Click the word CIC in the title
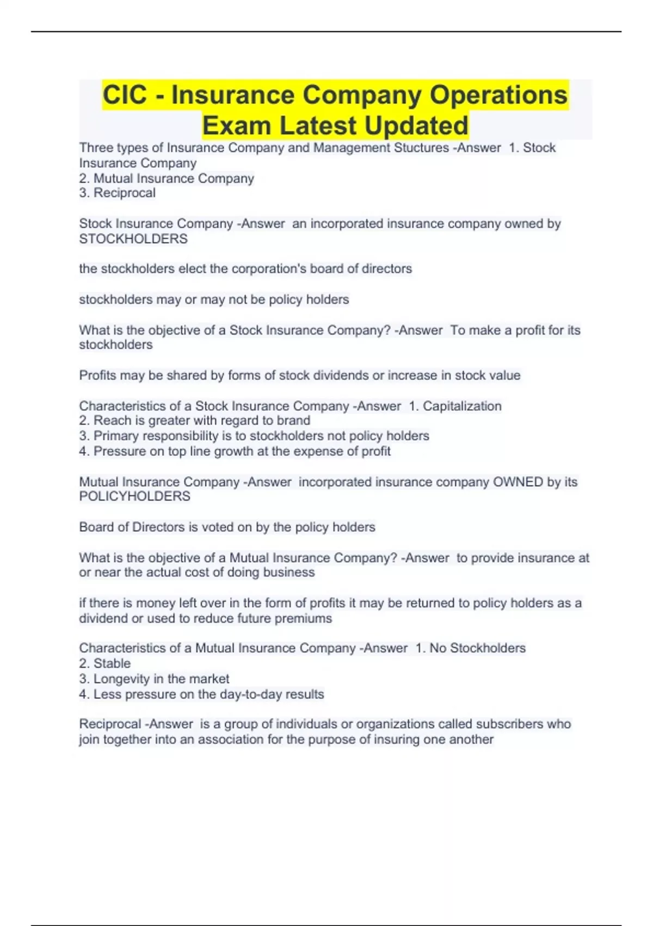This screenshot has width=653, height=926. pyautogui.click(x=125, y=95)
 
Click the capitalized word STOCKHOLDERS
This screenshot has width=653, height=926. pyautogui.click(x=133, y=239)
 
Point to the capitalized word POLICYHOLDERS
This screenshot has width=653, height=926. pyautogui.click(x=135, y=496)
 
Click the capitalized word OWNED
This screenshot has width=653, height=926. pyautogui.click(x=518, y=482)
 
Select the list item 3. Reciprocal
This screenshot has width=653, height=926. pyautogui.click(x=118, y=193)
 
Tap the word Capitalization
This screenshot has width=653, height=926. pyautogui.click(x=462, y=406)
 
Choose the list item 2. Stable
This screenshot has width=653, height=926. pyautogui.click(x=105, y=663)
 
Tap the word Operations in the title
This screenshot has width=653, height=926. pyautogui.click(x=498, y=95)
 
